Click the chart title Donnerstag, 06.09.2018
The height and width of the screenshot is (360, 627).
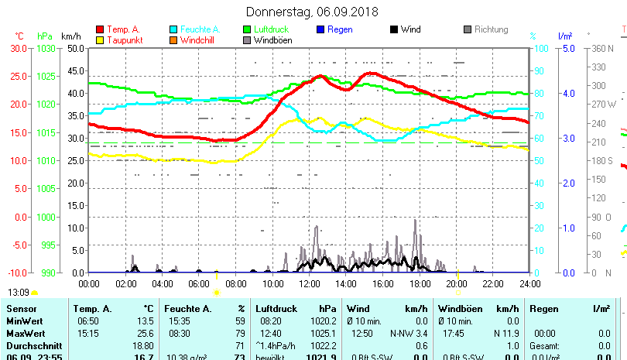312,12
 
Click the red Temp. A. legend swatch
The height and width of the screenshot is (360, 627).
99,30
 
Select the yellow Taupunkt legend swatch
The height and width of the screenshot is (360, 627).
99,40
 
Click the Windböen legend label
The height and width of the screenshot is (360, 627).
272,40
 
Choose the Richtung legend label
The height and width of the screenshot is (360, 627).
491,30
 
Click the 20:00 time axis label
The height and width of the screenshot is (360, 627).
456,283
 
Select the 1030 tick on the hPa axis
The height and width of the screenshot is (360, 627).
46,48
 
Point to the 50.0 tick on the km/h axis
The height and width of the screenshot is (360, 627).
74,48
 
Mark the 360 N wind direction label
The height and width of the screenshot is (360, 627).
604,48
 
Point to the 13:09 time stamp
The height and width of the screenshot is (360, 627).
18,293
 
